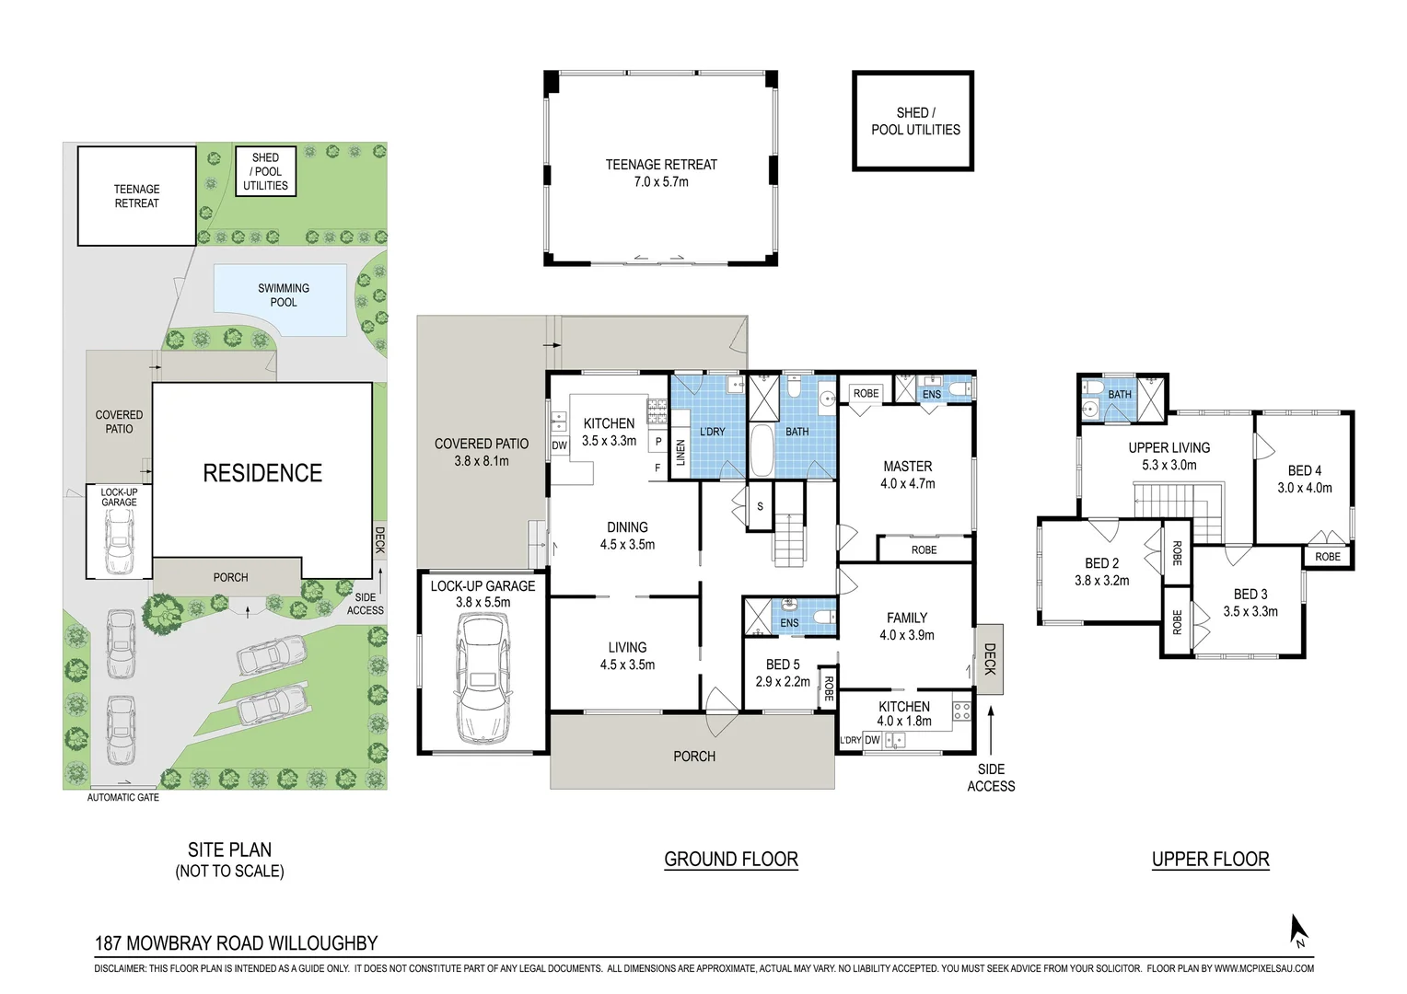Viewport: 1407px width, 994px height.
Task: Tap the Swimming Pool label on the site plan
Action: [284, 295]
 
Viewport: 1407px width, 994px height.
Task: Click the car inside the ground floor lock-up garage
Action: [483, 678]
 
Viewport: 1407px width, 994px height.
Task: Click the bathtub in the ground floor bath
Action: [762, 451]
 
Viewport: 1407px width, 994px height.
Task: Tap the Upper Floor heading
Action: [1210, 859]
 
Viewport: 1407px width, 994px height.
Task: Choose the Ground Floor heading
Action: [731, 859]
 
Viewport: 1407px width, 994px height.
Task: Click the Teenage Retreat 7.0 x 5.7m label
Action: [661, 173]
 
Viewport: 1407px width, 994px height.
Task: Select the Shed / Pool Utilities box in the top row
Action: [913, 121]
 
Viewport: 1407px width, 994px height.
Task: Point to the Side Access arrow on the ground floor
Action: [991, 730]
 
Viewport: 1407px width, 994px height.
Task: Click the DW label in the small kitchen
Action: [872, 740]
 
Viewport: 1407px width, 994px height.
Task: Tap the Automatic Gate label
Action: [123, 797]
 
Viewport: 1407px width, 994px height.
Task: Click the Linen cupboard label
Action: [680, 453]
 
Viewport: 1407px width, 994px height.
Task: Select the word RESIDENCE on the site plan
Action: [262, 473]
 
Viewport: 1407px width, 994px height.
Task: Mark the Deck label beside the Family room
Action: [990, 659]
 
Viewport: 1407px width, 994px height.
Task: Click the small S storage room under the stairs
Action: [760, 506]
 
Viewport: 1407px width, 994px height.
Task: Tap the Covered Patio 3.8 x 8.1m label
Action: [482, 452]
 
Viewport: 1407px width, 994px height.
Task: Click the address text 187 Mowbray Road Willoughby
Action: [236, 943]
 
